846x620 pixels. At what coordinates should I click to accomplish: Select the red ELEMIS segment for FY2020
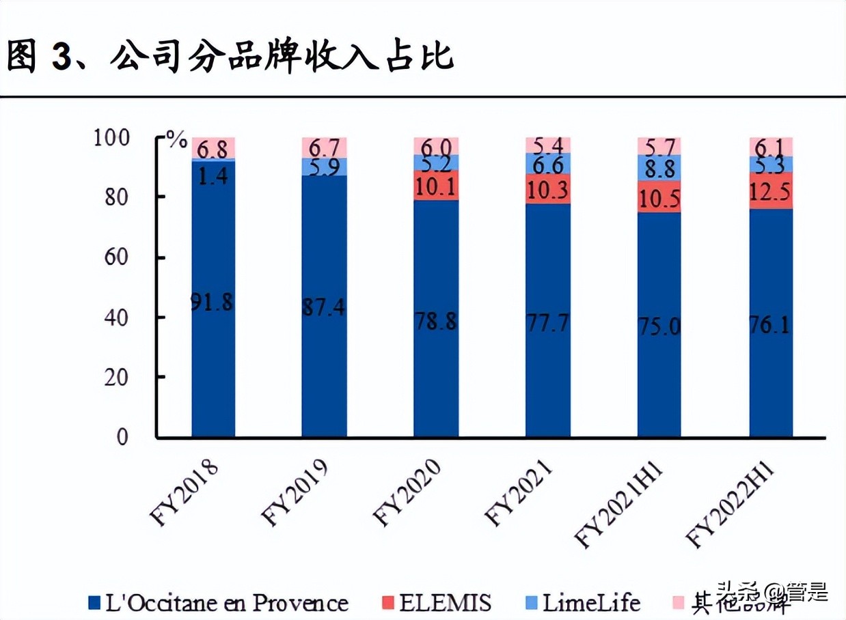point(436,185)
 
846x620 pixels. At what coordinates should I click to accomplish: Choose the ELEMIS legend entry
point(437,602)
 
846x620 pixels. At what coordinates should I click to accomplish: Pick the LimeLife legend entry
point(584,602)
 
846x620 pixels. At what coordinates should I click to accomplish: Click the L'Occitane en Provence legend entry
point(218,602)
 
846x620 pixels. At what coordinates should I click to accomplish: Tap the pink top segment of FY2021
point(548,145)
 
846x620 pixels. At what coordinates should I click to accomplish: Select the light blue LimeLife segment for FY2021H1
point(659,167)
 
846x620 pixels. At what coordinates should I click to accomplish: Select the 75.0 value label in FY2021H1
point(659,326)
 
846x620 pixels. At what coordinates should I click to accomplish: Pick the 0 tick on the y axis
point(122,436)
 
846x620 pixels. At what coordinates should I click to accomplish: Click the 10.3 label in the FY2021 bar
point(548,191)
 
